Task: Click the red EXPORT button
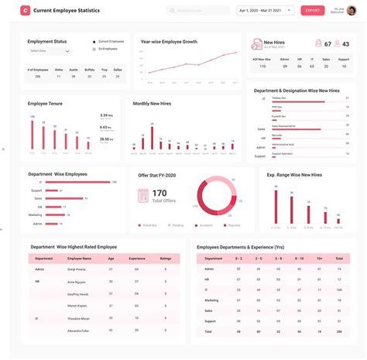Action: pos(312,11)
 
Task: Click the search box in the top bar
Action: pos(198,11)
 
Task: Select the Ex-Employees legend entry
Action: pos(108,49)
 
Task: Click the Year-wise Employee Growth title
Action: pos(168,42)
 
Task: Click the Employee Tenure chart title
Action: pos(45,103)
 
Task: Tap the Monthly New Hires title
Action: pos(152,103)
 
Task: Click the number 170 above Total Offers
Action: pos(159,193)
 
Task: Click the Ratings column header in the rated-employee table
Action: pos(165,258)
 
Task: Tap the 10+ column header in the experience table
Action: pos(319,258)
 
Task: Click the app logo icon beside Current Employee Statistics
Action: pos(26,11)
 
